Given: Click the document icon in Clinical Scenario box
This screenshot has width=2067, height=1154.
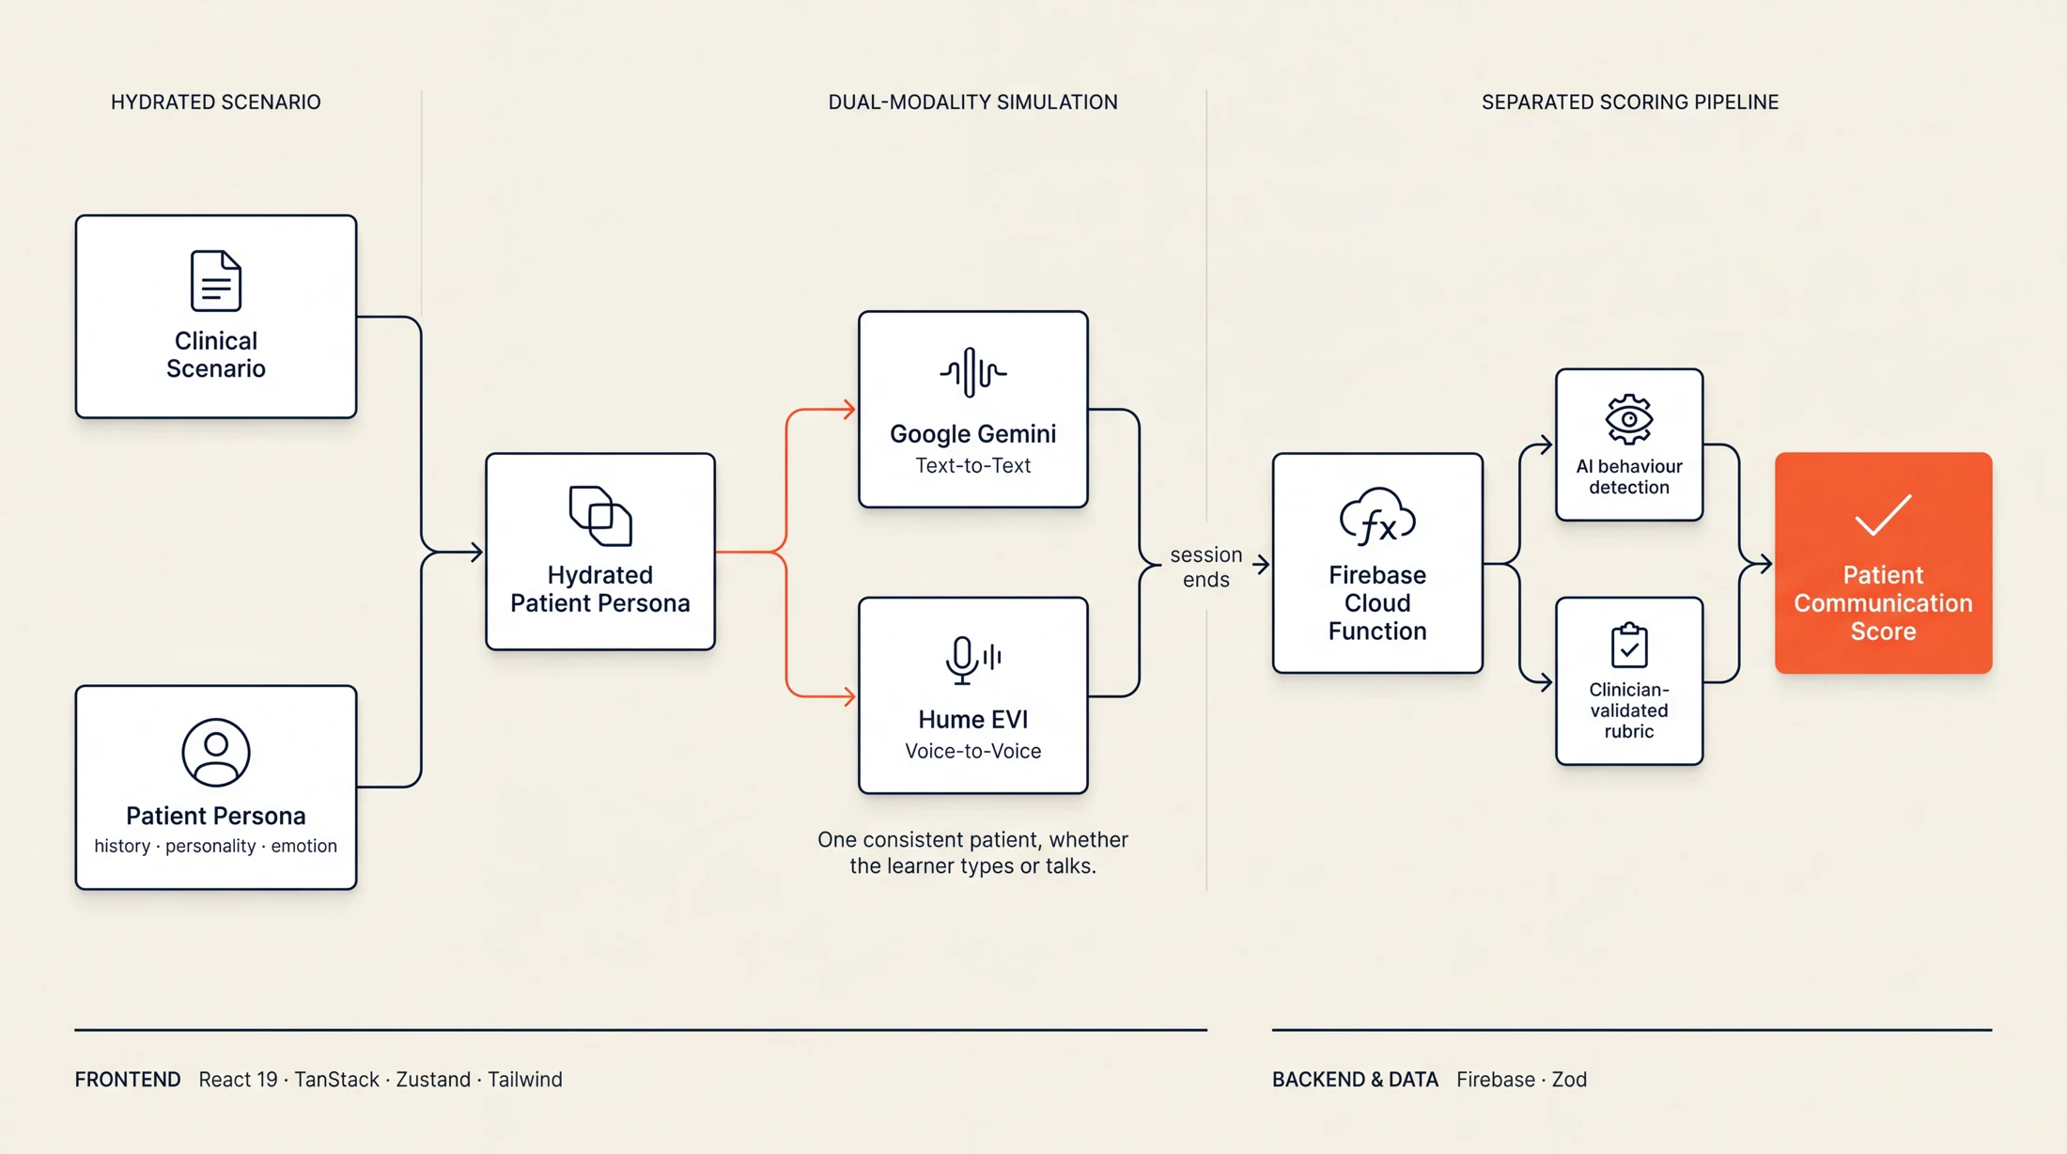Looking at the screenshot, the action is coord(216,280).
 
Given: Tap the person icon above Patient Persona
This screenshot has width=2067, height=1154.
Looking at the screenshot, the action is coord(216,753).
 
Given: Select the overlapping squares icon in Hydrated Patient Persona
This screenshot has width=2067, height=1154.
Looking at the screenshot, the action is coord(600,515).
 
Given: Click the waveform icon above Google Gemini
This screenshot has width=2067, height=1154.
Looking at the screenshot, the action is coord(972,372).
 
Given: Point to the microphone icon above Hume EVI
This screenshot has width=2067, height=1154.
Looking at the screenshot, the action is coord(972,660).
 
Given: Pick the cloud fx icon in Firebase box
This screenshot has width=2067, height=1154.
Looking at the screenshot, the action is coord(1377,517).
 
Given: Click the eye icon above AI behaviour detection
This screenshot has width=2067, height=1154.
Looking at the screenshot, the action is coord(1629,419).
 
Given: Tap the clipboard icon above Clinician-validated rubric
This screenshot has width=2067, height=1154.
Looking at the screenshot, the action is coord(1629,645).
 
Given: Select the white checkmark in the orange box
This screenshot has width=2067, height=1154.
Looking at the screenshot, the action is coord(1883,515).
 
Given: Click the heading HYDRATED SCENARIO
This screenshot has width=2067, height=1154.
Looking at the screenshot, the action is coord(216,101).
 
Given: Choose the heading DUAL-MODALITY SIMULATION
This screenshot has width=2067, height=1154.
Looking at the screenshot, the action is coord(972,101).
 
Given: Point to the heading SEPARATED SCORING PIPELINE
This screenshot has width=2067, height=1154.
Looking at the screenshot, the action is coord(1630,101).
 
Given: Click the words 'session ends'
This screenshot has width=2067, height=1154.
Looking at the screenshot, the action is coord(1206,567).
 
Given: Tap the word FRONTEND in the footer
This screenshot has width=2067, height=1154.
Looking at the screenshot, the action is coord(128,1079).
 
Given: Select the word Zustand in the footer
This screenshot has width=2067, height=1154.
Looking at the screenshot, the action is coord(433,1079).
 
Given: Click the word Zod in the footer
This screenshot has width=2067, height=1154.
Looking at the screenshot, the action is coord(1569,1079).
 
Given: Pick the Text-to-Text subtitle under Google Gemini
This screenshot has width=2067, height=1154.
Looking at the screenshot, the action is coord(972,465).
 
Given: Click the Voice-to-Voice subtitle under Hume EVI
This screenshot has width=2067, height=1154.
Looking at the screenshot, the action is coord(972,751).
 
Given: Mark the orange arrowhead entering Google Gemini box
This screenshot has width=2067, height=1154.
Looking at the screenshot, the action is coord(849,410).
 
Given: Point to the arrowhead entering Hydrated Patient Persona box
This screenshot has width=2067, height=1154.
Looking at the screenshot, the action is coord(476,552).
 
